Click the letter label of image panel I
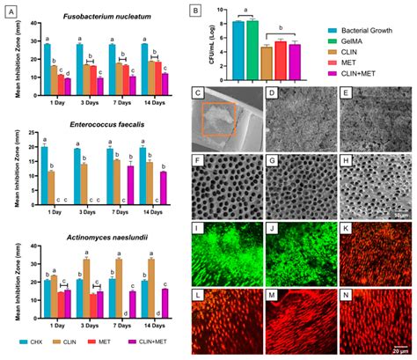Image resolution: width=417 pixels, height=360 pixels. [198, 228]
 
